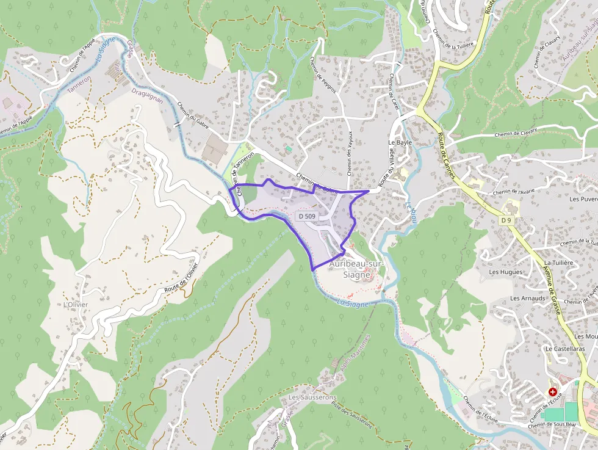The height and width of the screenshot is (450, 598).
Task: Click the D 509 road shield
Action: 306,216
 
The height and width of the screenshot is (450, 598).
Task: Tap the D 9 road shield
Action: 505,220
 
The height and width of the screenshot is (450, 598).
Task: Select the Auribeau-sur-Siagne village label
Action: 356,269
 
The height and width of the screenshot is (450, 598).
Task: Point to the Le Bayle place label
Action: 400,142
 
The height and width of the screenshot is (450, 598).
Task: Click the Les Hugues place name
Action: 506,272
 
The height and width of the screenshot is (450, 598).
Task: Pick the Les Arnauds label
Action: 527,299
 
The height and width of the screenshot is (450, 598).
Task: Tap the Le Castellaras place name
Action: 565,349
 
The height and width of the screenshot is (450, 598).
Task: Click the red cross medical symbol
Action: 553,391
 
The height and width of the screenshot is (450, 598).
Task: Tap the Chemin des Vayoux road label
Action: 350,152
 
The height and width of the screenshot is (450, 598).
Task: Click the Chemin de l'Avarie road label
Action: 513,191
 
